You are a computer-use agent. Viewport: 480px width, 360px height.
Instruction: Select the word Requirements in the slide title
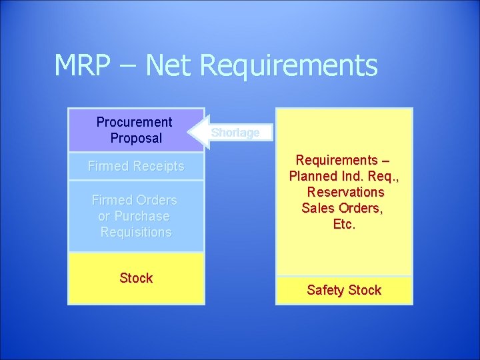point(288,65)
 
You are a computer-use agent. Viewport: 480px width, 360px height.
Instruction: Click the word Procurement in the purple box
point(134,122)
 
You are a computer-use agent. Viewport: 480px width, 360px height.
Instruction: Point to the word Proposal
point(136,138)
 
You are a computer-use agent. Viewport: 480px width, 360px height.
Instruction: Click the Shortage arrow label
point(235,133)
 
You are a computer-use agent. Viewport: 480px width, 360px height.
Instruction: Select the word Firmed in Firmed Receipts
point(107,166)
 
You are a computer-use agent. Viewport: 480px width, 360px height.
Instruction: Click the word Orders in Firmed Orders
point(157,200)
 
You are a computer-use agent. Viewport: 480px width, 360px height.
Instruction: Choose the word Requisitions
point(136,232)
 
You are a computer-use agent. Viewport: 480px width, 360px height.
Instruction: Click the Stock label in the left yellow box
point(136,278)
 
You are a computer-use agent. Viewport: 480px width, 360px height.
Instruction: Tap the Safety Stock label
point(344,290)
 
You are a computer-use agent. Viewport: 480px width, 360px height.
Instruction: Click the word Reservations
point(345,192)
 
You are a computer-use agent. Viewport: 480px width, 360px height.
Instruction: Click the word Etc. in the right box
point(344,224)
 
